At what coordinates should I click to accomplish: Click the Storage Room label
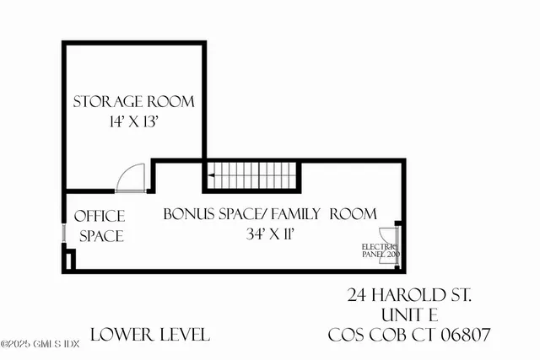coord(133,102)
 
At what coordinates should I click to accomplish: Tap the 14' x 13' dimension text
coord(133,123)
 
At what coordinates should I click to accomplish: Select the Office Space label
coord(100,226)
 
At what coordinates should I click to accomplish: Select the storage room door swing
coord(131,178)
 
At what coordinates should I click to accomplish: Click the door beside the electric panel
coord(390,244)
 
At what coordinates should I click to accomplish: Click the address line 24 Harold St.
coord(409,295)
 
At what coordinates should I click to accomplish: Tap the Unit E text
coord(409,314)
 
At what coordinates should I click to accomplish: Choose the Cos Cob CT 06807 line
coord(409,335)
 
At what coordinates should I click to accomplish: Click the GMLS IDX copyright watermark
coord(40,343)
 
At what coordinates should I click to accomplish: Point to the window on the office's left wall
coord(63,232)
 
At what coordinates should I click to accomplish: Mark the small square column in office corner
coord(67,259)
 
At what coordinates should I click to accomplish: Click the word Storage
coord(106,102)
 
